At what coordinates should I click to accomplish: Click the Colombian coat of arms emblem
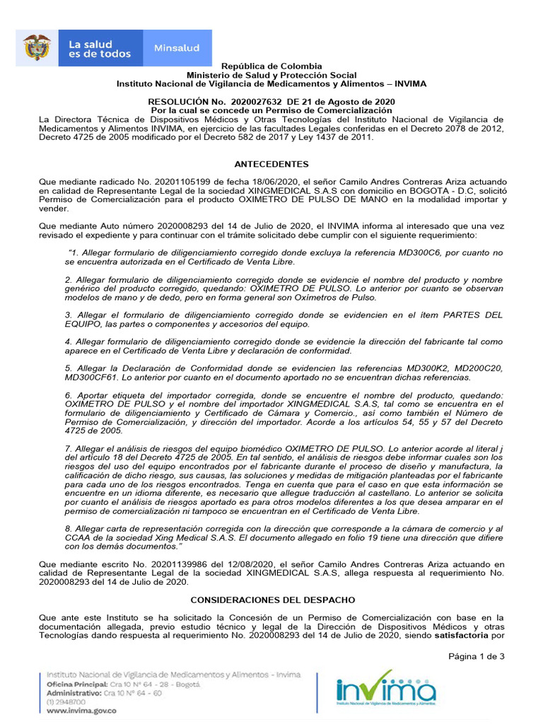(x=37, y=47)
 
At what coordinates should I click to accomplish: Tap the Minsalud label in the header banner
(x=176, y=48)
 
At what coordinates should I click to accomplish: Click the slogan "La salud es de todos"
(x=100, y=49)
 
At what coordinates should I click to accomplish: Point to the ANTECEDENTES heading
(x=271, y=163)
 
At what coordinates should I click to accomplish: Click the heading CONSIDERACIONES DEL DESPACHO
(x=271, y=600)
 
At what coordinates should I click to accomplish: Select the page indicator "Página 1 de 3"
(x=477, y=657)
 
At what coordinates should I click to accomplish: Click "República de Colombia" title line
(x=271, y=66)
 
